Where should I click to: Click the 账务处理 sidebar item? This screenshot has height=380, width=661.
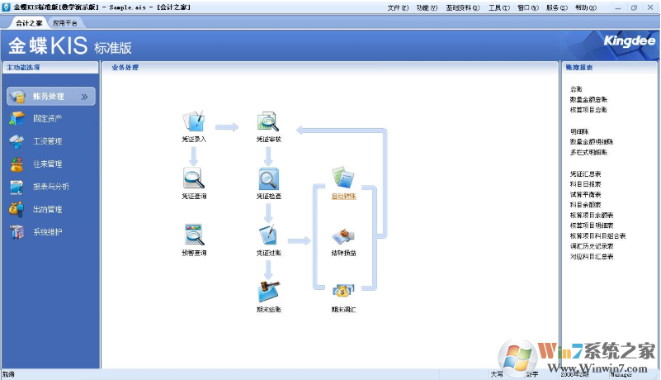pos(50,97)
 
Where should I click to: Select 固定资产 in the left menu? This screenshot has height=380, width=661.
pos(48,119)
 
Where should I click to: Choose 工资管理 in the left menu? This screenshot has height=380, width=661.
pos(48,141)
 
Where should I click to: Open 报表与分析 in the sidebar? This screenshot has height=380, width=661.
pos(51,187)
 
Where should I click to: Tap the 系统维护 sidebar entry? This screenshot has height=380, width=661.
pos(48,232)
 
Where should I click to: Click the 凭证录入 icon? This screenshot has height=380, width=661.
pos(194,122)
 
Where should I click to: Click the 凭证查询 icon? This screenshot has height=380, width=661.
pos(194,178)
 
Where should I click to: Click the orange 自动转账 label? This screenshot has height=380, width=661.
pos(343,197)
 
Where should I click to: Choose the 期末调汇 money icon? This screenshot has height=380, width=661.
pos(343,291)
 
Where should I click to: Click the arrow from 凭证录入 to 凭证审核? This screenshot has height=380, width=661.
pos(227,127)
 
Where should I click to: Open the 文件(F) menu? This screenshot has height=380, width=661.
pos(398,7)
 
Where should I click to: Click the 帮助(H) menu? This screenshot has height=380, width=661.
pos(585,7)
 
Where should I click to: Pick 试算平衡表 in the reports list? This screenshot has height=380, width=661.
pos(585,194)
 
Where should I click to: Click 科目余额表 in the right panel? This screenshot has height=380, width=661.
pos(585,204)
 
